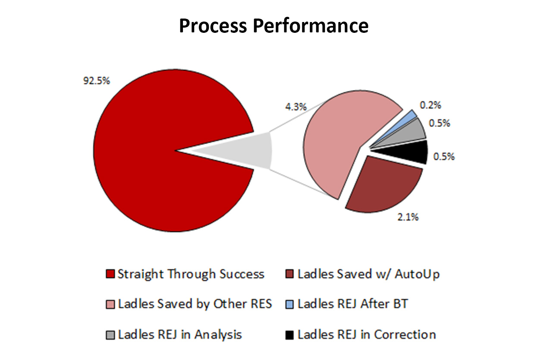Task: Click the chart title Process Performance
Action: (x=274, y=26)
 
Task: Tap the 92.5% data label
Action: (x=97, y=81)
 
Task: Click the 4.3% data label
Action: (x=296, y=107)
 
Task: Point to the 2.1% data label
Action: (x=408, y=217)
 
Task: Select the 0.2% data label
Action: (x=430, y=105)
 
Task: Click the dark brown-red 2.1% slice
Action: (x=384, y=186)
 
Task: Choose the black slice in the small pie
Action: (x=410, y=152)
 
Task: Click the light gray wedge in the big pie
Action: (x=244, y=150)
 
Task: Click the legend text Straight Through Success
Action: (x=191, y=274)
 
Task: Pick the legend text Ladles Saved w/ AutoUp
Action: (x=368, y=274)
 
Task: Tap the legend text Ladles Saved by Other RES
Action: (x=195, y=304)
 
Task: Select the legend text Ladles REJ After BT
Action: (x=353, y=304)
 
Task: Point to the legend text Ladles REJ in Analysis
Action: (x=180, y=335)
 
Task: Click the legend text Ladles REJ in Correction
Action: (x=367, y=335)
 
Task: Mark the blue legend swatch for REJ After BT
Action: (x=289, y=304)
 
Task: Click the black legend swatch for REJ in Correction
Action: (x=289, y=335)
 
